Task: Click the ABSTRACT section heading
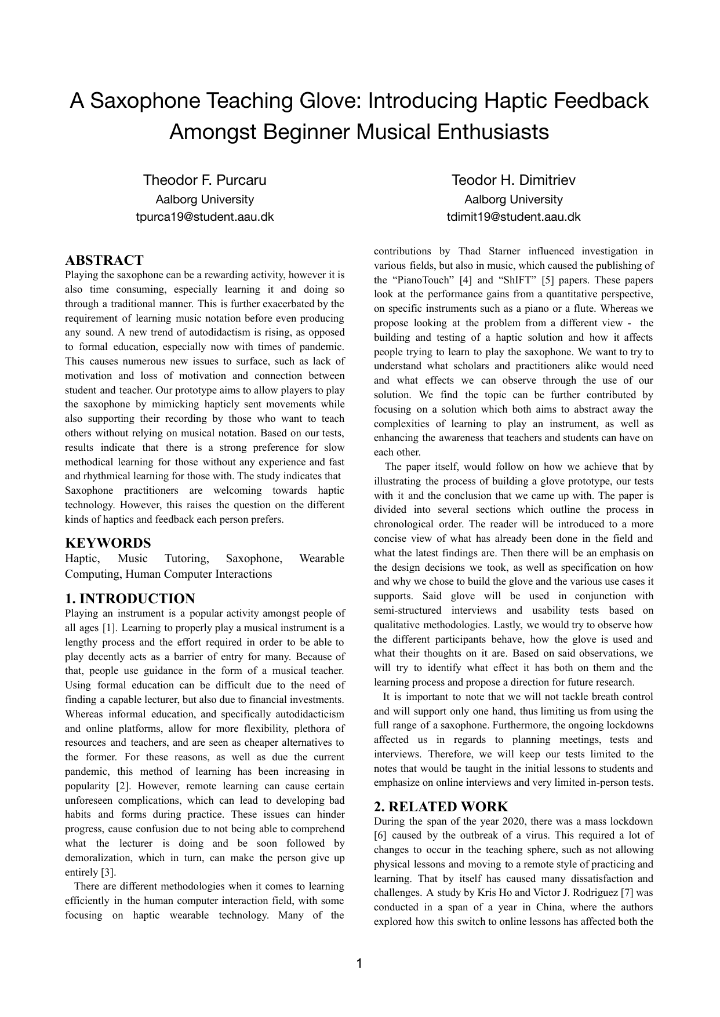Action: [x=104, y=260]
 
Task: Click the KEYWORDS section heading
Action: [x=108, y=543]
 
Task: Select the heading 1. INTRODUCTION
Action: [x=130, y=599]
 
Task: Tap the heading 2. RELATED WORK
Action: [x=441, y=807]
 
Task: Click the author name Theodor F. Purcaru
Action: [x=205, y=180]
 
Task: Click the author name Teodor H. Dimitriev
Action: [x=514, y=180]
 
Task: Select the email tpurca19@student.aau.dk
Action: [x=205, y=217]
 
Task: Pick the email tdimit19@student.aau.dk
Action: [x=514, y=217]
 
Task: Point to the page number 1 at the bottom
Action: [x=359, y=964]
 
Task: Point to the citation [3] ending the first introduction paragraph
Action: [x=108, y=872]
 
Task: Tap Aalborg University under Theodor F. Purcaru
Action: [x=205, y=199]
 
